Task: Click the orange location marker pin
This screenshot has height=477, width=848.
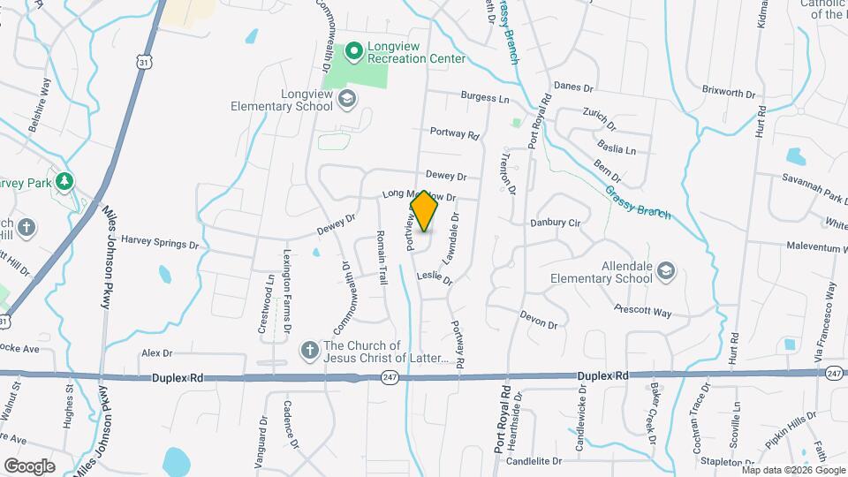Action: pos(424,211)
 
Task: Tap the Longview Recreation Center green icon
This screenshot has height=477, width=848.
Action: pos(354,51)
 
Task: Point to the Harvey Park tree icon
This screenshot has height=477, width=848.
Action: pos(64,181)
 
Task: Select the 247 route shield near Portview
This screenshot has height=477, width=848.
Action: pos(389,377)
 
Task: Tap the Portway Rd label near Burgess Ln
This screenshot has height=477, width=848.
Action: pos(454,134)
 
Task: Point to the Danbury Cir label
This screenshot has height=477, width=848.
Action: pos(555,223)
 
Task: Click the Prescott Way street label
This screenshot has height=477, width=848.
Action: pos(644,311)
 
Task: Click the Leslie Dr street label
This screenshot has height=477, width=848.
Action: pos(435,277)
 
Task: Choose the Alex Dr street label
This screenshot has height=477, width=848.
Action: pos(155,352)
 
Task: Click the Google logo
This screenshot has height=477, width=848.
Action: pos(29,466)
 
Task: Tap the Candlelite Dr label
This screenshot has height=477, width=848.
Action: pos(534,461)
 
